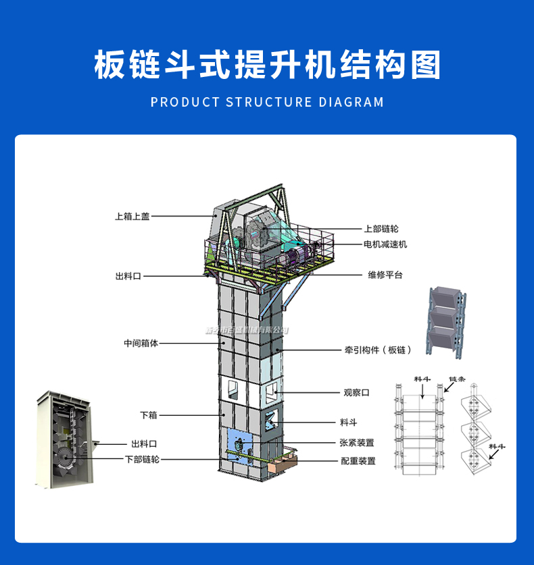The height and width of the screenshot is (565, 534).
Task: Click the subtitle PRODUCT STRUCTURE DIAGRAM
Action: pyautogui.click(x=267, y=103)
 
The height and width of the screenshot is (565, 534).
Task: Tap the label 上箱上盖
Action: pyautogui.click(x=132, y=217)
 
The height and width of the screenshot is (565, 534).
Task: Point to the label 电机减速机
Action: pyautogui.click(x=385, y=244)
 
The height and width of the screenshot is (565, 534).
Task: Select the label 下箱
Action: pyautogui.click(x=148, y=414)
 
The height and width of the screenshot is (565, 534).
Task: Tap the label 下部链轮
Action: pyautogui.click(x=142, y=459)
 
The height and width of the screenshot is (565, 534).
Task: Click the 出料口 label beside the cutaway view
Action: pyautogui.click(x=144, y=443)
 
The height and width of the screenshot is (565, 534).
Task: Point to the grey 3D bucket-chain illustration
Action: pyautogui.click(x=446, y=321)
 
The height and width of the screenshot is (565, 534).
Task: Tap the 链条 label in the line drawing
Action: pyautogui.click(x=458, y=379)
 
